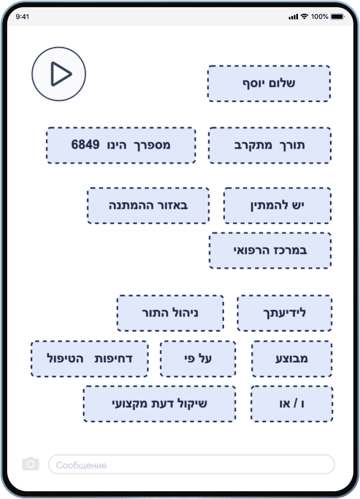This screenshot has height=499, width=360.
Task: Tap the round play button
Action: point(59,74)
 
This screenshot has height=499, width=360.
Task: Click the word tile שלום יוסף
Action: point(269,84)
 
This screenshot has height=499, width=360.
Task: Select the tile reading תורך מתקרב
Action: point(270,145)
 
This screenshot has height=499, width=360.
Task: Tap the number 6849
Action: point(86,145)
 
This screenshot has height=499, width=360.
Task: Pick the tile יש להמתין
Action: point(277,205)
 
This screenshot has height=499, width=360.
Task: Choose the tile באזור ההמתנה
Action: point(148,205)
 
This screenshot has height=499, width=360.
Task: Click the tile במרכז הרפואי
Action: point(270,250)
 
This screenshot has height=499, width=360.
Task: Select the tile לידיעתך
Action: point(285,313)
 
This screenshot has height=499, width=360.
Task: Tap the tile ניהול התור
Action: point(170,313)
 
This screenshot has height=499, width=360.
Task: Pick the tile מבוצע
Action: point(292,358)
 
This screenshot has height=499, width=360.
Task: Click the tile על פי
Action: point(198,358)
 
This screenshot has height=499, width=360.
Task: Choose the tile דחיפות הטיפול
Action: point(90,358)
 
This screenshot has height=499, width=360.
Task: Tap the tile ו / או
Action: point(292,404)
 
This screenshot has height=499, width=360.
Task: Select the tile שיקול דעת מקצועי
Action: point(160,404)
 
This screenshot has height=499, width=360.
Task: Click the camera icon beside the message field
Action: point(30,464)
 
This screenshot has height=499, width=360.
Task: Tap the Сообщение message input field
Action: point(191,465)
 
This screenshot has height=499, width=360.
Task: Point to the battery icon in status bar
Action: point(337,17)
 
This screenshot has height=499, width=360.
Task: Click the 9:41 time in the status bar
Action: point(23,17)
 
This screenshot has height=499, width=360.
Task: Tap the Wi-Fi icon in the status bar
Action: point(304,17)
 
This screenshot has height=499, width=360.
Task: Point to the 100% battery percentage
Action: point(320,17)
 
